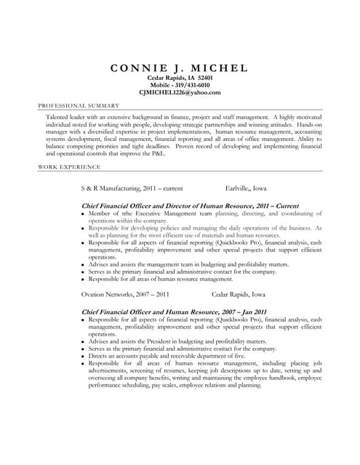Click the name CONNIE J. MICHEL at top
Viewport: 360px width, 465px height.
179,68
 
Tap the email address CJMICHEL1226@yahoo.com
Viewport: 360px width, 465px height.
180,93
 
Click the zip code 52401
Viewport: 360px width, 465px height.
204,77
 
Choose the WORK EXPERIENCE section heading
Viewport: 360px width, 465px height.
69,166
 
